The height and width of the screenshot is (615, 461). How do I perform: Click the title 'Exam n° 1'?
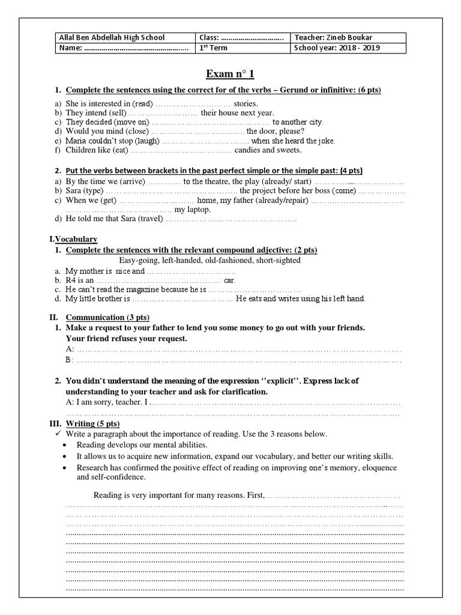[230, 74]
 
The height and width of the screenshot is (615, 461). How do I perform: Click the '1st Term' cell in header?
[214, 48]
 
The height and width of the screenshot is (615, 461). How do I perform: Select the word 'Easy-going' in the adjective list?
[139, 261]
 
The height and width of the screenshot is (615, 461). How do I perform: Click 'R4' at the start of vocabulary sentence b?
[71, 280]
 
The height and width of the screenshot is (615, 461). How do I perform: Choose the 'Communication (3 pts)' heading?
[107, 317]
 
